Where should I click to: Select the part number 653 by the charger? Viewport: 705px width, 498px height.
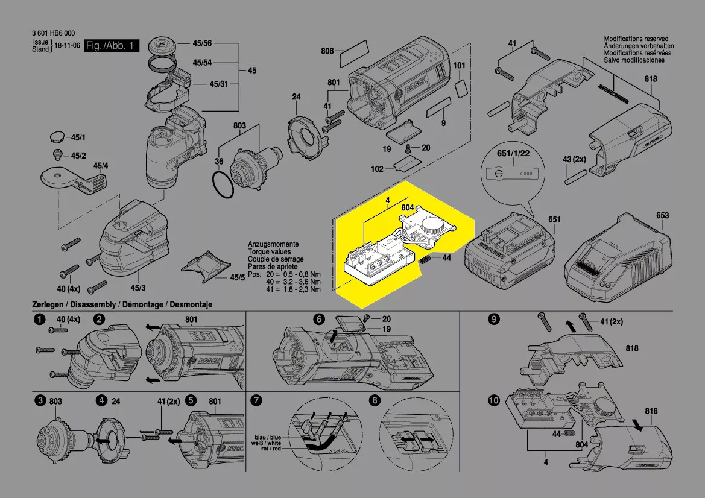coord(662,215)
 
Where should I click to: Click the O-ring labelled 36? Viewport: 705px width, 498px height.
coord(223,184)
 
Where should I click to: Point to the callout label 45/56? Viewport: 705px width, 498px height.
coord(202,43)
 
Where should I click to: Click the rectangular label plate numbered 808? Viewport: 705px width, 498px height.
coord(354,55)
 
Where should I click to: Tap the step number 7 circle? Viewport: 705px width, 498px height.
coord(256,400)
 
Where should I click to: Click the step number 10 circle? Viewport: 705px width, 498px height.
coord(494,400)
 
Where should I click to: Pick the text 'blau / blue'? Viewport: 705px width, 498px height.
coord(268,437)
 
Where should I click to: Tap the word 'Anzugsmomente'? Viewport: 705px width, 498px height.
coord(271,245)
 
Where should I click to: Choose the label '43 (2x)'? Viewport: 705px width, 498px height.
coord(575,159)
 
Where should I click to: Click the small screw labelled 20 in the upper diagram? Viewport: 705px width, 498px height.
coord(409,148)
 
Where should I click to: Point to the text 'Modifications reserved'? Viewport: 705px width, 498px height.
coord(638,39)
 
